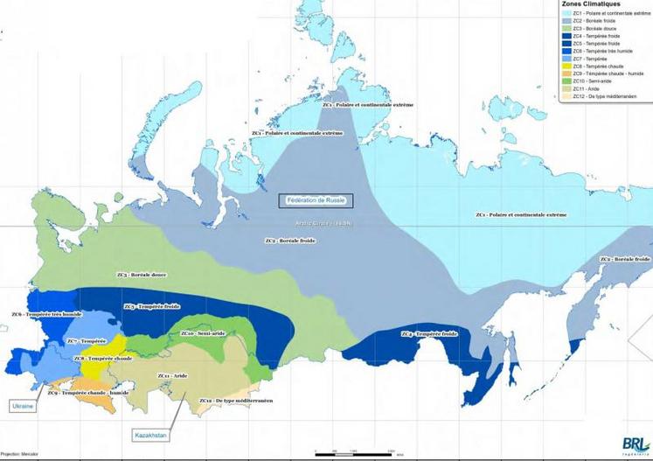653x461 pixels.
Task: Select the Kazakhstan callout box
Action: click(x=150, y=435)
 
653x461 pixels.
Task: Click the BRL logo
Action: click(x=635, y=444)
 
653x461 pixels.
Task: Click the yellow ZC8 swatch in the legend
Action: click(x=566, y=66)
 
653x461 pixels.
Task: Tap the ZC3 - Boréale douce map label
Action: click(x=142, y=275)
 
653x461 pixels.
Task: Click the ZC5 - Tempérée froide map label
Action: click(x=152, y=306)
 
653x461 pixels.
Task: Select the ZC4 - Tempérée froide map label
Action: click(x=429, y=333)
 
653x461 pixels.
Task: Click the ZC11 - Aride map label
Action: click(x=172, y=375)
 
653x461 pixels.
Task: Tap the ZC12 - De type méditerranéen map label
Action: click(x=236, y=400)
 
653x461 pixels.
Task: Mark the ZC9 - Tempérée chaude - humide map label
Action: click(x=87, y=393)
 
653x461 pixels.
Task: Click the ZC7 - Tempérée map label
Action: click(x=86, y=340)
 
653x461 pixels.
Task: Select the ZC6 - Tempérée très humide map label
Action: click(x=46, y=314)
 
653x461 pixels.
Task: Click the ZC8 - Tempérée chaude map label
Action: click(x=103, y=358)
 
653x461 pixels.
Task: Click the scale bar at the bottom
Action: click(x=358, y=453)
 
